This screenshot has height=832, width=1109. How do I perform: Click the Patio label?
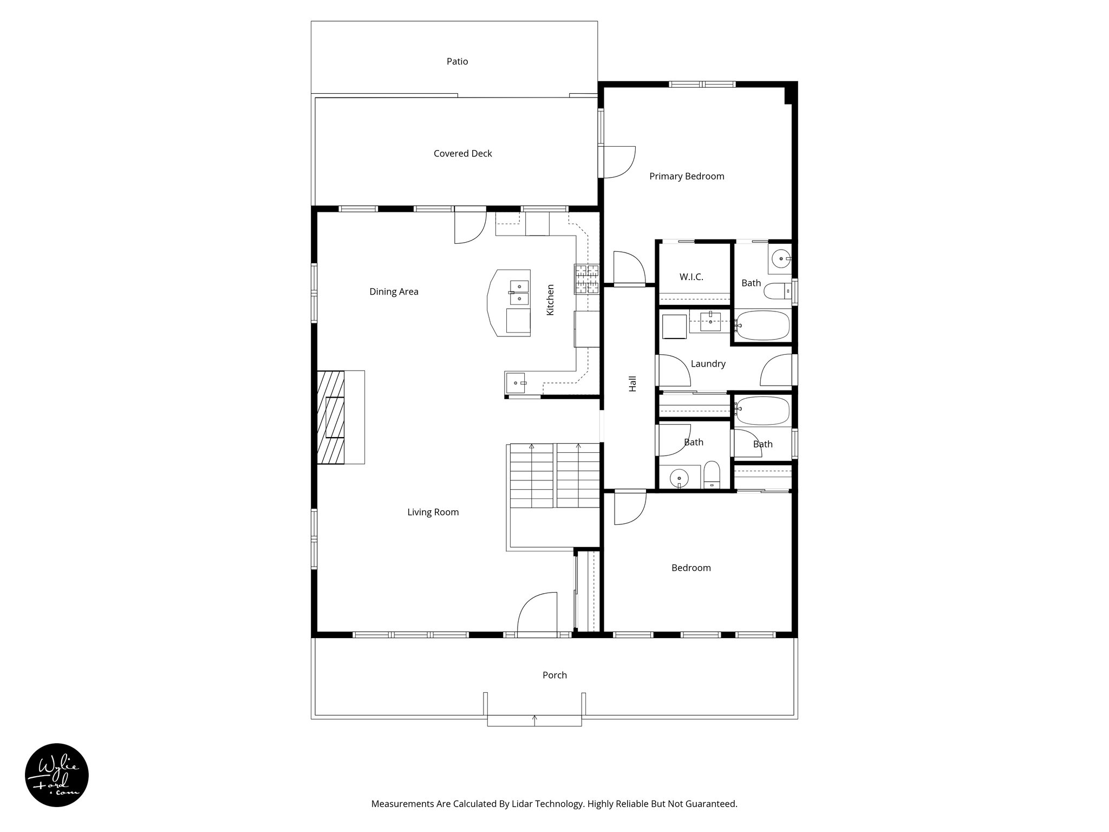(x=457, y=62)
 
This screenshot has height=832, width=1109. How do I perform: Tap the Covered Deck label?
(x=462, y=154)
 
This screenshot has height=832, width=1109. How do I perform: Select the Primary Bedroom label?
(x=686, y=177)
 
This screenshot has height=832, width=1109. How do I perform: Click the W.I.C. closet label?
(x=691, y=277)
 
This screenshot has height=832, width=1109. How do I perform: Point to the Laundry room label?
(x=708, y=364)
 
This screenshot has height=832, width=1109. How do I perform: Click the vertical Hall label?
(x=632, y=383)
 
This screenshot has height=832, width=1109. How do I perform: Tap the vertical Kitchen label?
(x=550, y=300)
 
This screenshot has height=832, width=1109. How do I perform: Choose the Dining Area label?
(x=394, y=292)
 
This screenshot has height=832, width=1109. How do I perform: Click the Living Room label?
(x=433, y=512)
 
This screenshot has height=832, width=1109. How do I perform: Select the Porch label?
(x=554, y=675)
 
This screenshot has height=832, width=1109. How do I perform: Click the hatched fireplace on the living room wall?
(x=331, y=417)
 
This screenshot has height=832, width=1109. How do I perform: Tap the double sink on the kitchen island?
(x=140, y=292)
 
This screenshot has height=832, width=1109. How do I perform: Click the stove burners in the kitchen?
(x=587, y=279)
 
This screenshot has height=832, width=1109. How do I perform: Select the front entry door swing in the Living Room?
(x=536, y=612)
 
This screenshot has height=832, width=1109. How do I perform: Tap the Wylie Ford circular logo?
(x=57, y=775)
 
